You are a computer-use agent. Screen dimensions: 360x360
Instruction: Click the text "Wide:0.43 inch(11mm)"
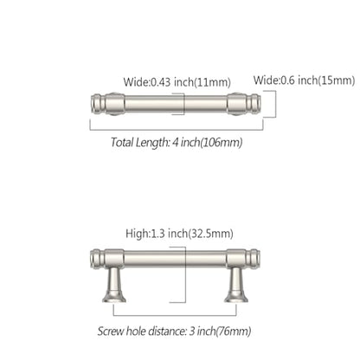click(x=177, y=82)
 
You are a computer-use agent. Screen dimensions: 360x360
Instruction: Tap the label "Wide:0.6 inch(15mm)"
click(x=304, y=80)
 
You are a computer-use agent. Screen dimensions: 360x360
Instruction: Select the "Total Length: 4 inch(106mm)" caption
click(x=177, y=142)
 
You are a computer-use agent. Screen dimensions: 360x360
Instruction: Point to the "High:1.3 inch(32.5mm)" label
click(x=179, y=234)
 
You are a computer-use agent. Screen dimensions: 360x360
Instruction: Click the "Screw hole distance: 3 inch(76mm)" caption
click(x=174, y=331)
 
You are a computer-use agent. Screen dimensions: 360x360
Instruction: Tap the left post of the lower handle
click(x=114, y=285)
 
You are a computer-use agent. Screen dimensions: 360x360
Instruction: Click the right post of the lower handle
click(x=236, y=285)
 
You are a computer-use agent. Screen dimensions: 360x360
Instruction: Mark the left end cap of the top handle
click(x=96, y=103)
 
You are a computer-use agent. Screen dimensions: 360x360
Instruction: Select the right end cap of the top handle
click(x=254, y=103)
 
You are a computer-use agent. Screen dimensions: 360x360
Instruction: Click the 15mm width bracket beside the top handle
click(x=275, y=104)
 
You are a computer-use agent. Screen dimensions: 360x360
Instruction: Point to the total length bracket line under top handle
click(x=177, y=130)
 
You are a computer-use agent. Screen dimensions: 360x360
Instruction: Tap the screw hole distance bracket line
click(x=175, y=315)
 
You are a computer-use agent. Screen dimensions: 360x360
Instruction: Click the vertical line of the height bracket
click(x=185, y=274)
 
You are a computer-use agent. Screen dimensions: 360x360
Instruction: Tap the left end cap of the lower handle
click(x=97, y=258)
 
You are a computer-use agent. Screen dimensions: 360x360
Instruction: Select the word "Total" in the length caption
click(x=122, y=142)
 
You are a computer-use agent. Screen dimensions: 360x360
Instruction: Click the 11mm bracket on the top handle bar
click(x=183, y=104)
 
